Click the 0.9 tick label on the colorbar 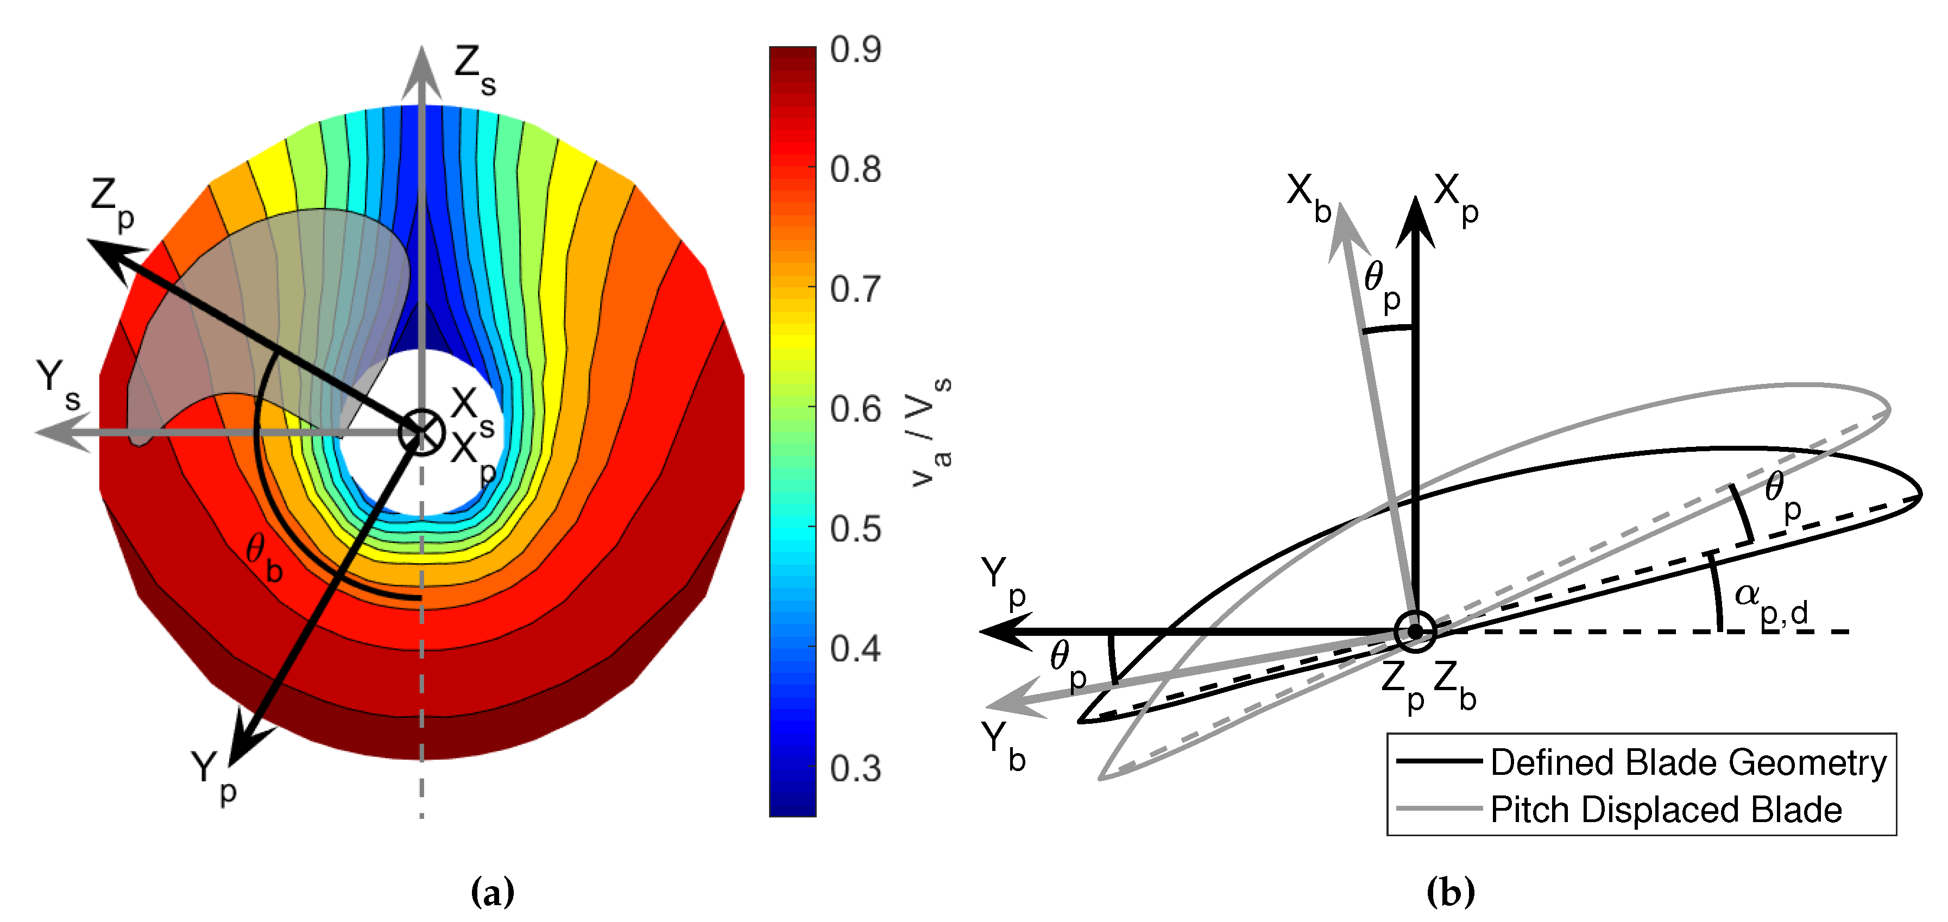[855, 50]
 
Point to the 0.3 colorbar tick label [855, 768]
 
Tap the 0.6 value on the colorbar [855, 409]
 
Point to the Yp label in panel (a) [213, 777]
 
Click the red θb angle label [264, 558]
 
